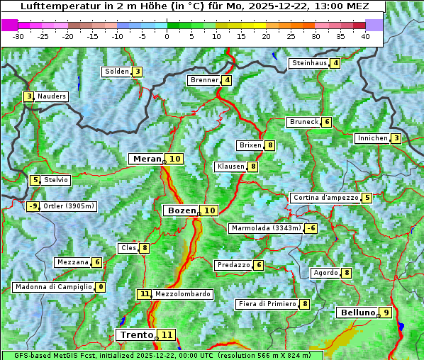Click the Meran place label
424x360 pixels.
click(147, 159)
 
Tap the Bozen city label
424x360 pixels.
click(181, 210)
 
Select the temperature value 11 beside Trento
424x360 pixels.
click(167, 334)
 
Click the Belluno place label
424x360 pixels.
click(357, 313)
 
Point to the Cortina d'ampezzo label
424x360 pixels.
click(325, 198)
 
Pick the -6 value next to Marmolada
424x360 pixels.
click(311, 228)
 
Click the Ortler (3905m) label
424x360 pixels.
click(69, 206)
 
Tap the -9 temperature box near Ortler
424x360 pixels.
click(33, 206)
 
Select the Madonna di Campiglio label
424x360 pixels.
click(53, 287)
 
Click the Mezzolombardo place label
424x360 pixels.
click(182, 293)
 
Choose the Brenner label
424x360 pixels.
click(204, 80)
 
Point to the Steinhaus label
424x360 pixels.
click(309, 63)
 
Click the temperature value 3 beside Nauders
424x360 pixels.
click(29, 96)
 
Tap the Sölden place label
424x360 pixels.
click(117, 72)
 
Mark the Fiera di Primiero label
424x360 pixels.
click(267, 304)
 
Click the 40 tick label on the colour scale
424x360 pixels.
click(365, 35)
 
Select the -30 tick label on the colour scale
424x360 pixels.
click(18, 35)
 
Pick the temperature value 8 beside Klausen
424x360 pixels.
click(252, 167)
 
